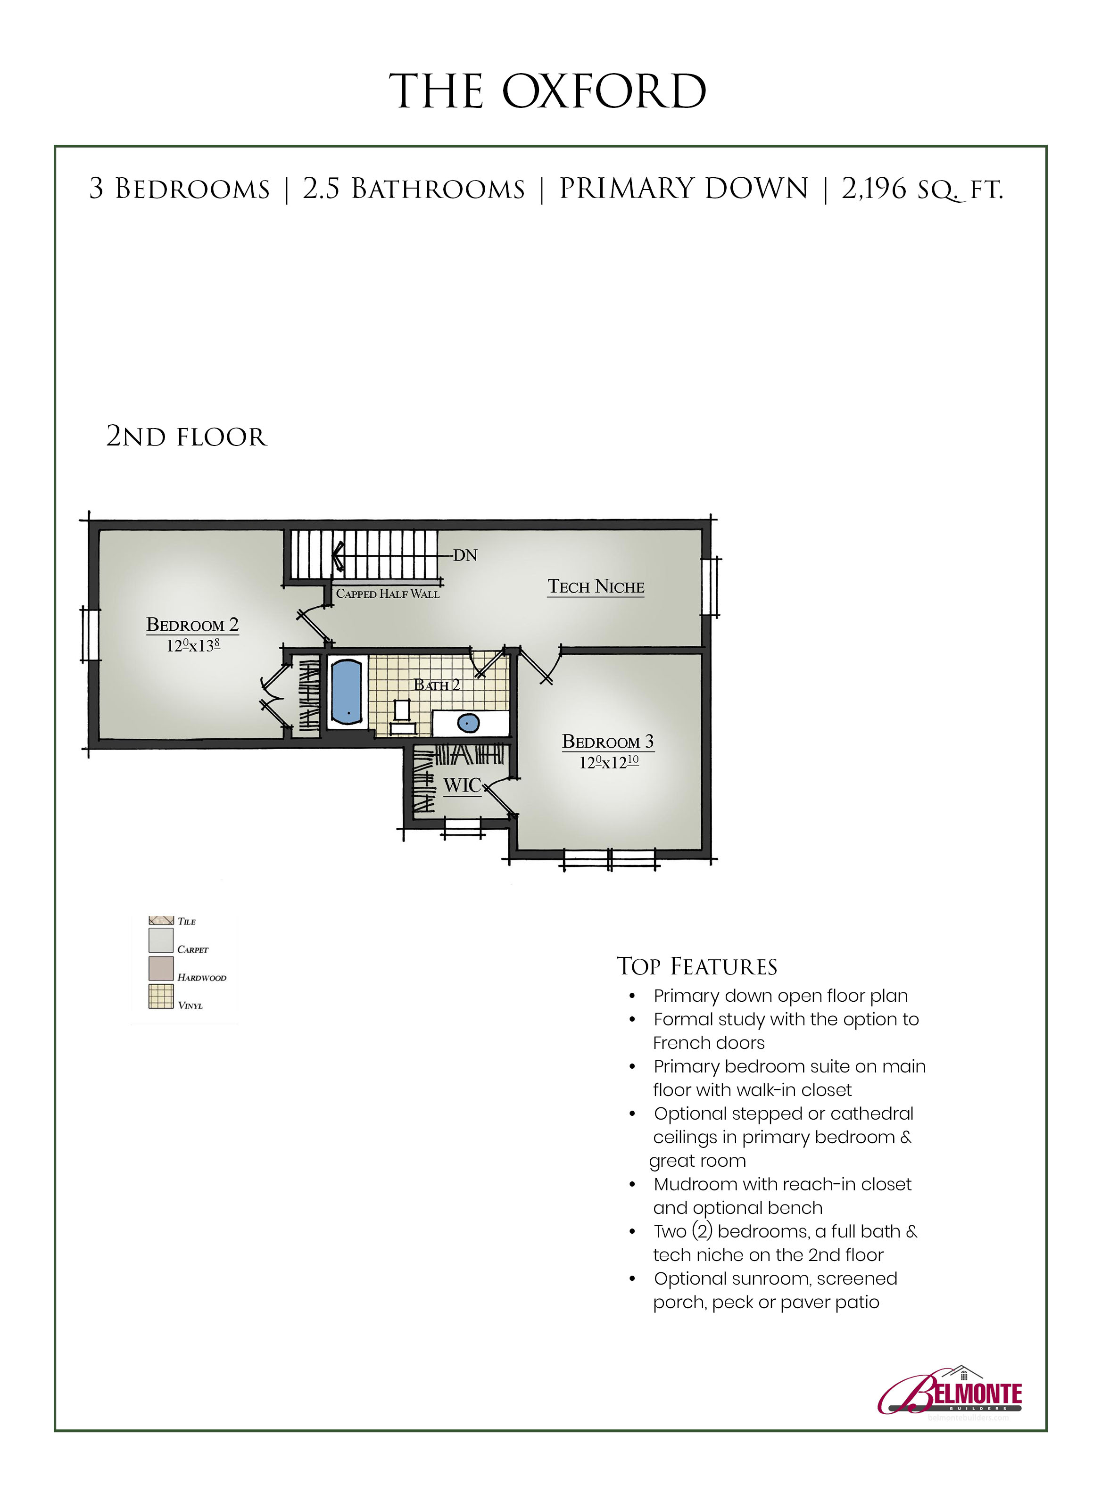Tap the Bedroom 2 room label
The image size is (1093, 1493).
tap(192, 625)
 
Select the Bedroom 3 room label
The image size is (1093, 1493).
tap(608, 742)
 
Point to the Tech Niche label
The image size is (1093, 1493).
tap(596, 587)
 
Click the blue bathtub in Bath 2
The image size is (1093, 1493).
tap(346, 691)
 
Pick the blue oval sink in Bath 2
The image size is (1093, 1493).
tap(468, 723)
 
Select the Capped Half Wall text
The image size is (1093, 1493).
tap(388, 594)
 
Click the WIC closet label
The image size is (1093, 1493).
tap(462, 785)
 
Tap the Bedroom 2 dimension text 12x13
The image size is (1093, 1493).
tap(192, 645)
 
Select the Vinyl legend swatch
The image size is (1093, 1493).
tap(161, 996)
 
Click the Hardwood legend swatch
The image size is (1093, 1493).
tap(161, 968)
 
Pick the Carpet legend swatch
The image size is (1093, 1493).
tap(161, 940)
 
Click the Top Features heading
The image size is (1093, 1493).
tap(697, 966)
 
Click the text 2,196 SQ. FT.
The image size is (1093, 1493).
tap(922, 189)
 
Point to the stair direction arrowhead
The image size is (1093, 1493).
tap(338, 556)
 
